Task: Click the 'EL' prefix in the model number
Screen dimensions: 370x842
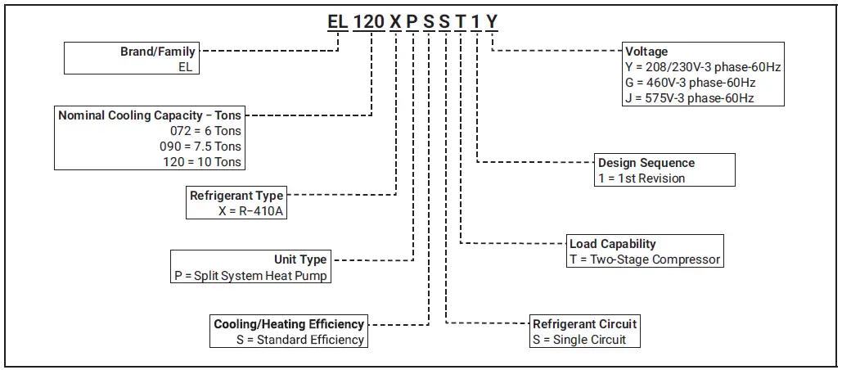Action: coord(338,22)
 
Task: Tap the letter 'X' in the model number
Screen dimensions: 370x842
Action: coord(395,22)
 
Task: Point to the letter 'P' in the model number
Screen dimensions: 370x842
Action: coord(412,22)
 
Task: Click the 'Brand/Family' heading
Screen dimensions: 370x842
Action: coord(158,52)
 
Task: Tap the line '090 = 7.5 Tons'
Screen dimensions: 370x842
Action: coord(200,147)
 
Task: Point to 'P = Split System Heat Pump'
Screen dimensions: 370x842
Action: coord(250,276)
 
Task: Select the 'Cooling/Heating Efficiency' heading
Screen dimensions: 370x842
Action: coord(289,324)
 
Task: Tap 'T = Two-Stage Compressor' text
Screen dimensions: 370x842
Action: coord(645,259)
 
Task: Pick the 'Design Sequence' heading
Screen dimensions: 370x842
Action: coord(646,163)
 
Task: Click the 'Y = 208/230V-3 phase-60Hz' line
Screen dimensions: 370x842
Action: coord(702,67)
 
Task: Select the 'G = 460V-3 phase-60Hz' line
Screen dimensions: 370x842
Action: coord(689,83)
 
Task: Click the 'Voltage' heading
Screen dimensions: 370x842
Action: coord(646,52)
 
